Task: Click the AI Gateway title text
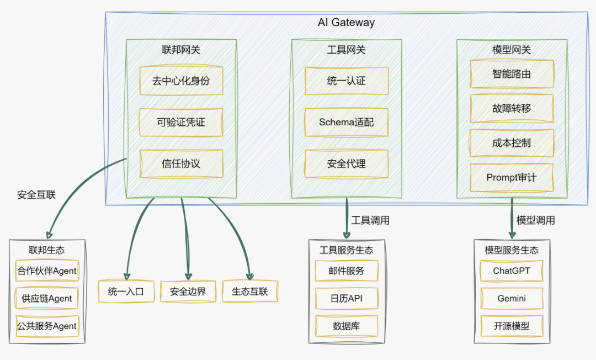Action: click(346, 23)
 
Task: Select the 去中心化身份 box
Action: click(181, 81)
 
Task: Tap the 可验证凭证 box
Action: click(181, 123)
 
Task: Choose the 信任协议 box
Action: click(181, 163)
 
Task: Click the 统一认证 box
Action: click(347, 81)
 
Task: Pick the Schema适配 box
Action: click(347, 123)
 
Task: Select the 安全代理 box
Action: click(347, 163)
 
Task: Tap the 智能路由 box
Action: click(512, 74)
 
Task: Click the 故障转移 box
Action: click(512, 108)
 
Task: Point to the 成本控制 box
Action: click(512, 143)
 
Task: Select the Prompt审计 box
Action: click(512, 177)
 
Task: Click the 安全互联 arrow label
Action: click(36, 195)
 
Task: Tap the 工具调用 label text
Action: click(370, 220)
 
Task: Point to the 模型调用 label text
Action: click(535, 220)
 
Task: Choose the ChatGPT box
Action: click(512, 271)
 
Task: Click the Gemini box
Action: click(512, 298)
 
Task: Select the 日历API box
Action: click(347, 298)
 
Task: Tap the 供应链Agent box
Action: click(47, 298)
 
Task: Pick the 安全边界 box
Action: click(188, 292)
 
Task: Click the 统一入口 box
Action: click(126, 292)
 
